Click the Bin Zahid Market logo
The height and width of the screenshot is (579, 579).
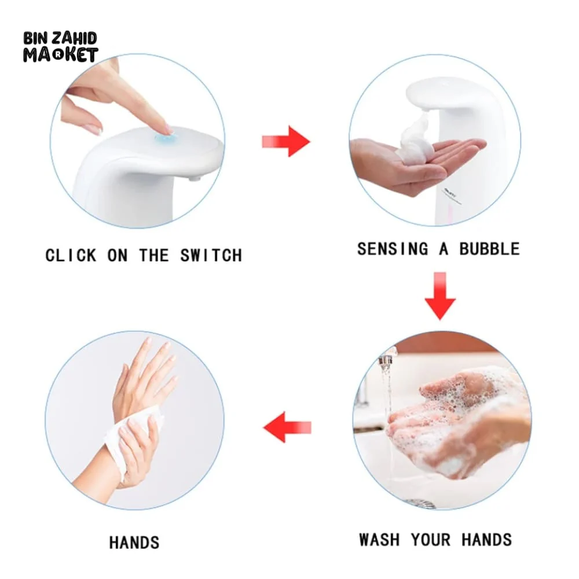(x=61, y=47)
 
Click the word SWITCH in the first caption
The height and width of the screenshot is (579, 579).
(x=211, y=255)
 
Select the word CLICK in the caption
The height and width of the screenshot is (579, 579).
(x=71, y=255)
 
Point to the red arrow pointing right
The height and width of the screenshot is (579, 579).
(x=286, y=141)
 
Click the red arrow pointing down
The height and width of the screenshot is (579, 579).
(x=440, y=296)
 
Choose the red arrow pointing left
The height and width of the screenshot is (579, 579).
(x=287, y=428)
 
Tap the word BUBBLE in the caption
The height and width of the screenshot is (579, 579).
(x=490, y=249)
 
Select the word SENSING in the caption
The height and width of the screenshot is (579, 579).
(x=393, y=249)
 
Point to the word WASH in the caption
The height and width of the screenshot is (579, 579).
(x=380, y=540)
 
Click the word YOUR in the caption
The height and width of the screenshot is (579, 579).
(x=431, y=540)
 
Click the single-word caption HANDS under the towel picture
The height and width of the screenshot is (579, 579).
(x=134, y=543)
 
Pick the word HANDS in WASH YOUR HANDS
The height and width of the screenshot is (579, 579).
(x=487, y=540)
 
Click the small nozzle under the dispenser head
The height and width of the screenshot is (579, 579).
(x=193, y=179)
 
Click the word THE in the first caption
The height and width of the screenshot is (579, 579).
(x=154, y=255)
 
